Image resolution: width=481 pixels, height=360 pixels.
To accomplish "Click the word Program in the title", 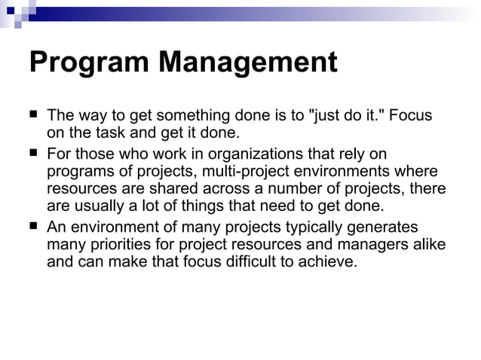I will click(x=87, y=63).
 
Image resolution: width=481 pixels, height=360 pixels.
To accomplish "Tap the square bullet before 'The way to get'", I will click(x=33, y=115).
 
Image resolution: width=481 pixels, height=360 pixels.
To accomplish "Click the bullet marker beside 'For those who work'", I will click(x=33, y=152).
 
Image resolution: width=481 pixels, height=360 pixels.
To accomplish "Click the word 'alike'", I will click(x=427, y=244).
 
